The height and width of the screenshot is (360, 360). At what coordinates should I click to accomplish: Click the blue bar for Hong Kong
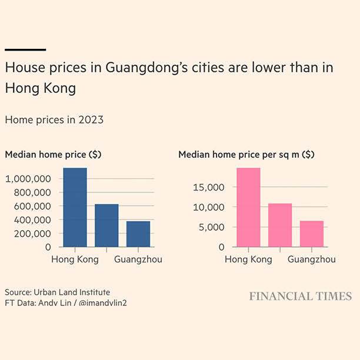coord(75,208)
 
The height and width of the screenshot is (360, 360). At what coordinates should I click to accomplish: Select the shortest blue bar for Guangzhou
coord(138,234)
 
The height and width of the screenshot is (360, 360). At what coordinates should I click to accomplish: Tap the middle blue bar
coord(106,225)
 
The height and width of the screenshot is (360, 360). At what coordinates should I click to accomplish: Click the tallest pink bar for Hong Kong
coord(248,208)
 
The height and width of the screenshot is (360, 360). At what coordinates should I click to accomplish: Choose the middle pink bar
coord(280,225)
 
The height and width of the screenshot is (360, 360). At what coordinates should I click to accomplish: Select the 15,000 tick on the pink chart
coord(209,188)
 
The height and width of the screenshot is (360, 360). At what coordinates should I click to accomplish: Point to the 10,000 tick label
coord(209,208)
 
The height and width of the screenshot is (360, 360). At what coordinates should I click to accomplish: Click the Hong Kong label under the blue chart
coord(75,259)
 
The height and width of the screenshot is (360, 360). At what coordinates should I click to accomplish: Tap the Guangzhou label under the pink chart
coord(311,259)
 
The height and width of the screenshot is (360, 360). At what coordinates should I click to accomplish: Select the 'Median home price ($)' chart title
coord(53,155)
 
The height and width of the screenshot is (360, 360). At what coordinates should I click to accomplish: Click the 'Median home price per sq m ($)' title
coord(246,155)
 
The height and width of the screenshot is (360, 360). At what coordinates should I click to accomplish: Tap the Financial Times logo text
coord(300,296)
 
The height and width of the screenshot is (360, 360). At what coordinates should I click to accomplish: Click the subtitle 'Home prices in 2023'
coord(54,119)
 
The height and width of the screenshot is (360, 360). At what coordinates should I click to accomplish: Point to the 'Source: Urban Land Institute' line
coord(57,292)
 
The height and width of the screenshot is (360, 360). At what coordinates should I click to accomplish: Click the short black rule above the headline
coord(25,50)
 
